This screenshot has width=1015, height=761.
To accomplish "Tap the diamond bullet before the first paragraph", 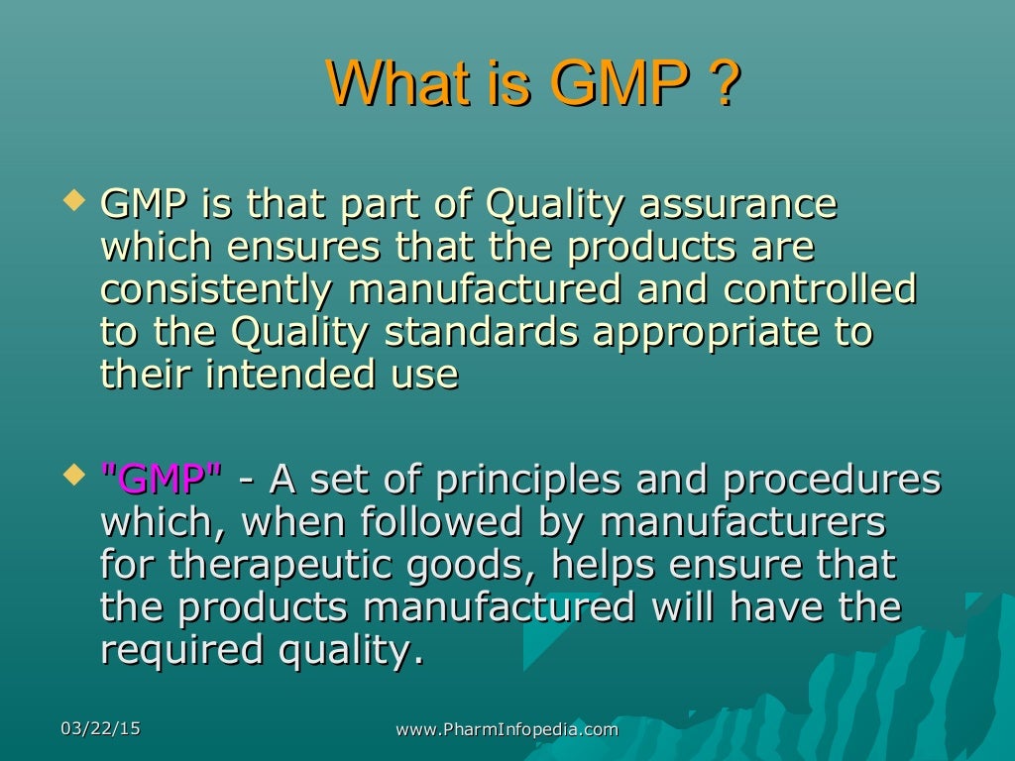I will click(70, 203).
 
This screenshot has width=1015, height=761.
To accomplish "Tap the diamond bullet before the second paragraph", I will click(70, 478).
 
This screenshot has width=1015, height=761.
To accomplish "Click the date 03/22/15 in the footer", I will click(100, 729).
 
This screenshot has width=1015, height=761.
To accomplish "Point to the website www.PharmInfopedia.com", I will click(507, 730).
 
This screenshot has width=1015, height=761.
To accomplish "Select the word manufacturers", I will click(742, 523).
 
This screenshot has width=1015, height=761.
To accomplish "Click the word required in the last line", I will click(175, 651).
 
